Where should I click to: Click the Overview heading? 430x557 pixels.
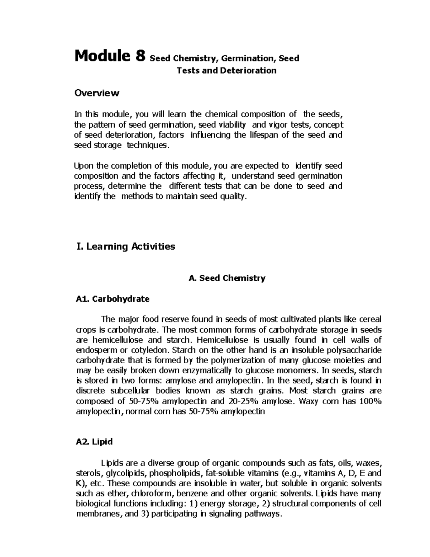pos(96,93)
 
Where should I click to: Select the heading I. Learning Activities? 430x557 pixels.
pos(125,246)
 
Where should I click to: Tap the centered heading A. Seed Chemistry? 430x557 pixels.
pos(227,278)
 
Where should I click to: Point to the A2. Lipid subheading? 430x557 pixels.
pos(94,442)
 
